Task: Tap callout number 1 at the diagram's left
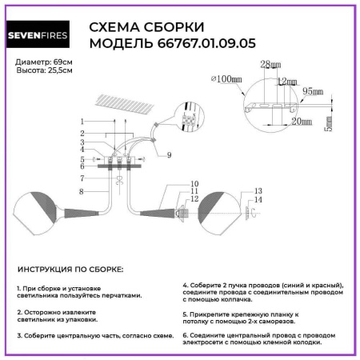point(82,120)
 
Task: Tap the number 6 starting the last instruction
point(185,334)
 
